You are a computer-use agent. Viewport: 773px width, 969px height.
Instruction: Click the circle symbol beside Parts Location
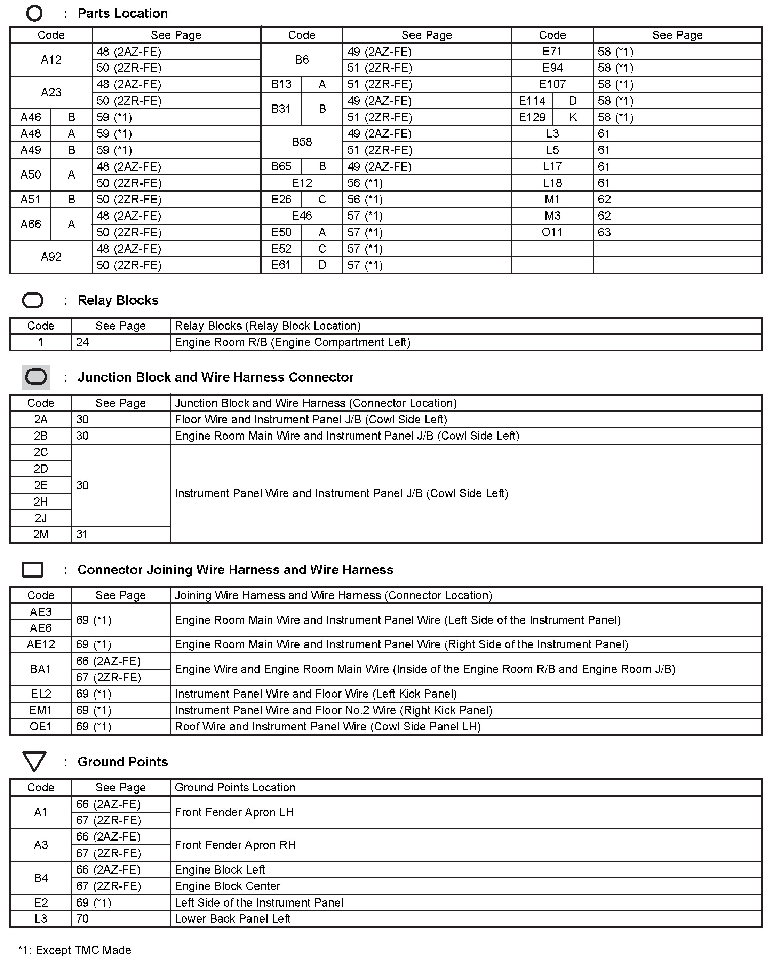[34, 14]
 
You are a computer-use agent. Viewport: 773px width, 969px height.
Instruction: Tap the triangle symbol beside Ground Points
[34, 761]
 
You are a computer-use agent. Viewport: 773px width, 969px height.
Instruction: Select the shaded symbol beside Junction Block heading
[36, 377]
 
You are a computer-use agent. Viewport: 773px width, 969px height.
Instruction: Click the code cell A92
[51, 257]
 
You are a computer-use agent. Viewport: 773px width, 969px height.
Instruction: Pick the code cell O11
[552, 232]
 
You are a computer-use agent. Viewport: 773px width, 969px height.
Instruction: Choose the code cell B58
[302, 142]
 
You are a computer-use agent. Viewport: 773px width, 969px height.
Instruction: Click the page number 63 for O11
[604, 232]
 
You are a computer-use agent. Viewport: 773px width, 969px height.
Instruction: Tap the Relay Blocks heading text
[118, 300]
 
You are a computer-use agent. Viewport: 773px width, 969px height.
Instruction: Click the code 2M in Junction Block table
[40, 534]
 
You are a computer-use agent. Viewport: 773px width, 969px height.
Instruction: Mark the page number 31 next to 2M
[82, 534]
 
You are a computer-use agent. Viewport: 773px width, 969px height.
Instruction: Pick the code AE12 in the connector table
[40, 644]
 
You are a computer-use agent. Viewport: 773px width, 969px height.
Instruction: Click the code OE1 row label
[40, 727]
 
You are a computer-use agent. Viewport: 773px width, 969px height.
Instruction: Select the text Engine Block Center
[227, 886]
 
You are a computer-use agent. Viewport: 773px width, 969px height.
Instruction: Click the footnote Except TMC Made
[74, 950]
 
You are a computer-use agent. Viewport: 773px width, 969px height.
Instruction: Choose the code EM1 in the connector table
[40, 710]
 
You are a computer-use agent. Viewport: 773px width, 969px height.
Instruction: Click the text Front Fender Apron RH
[235, 845]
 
